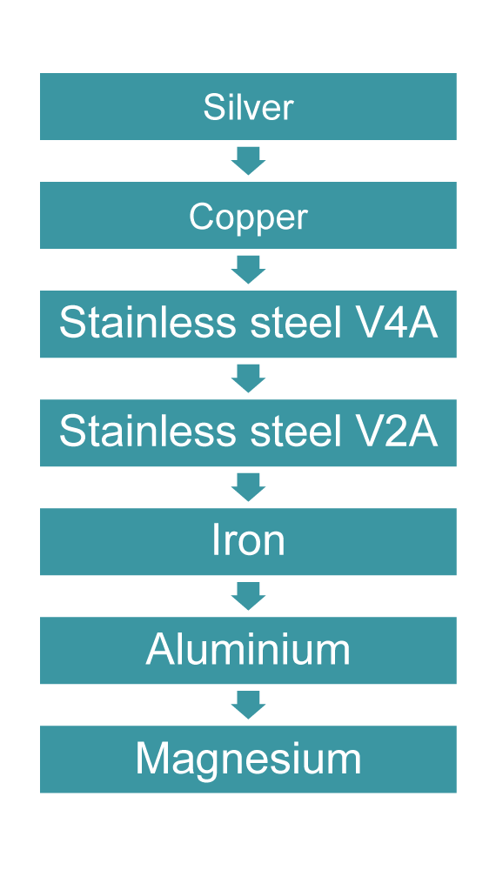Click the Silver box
click(x=248, y=106)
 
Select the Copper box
click(x=248, y=215)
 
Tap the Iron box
click(x=248, y=541)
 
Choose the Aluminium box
click(x=248, y=650)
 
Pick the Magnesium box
click(x=248, y=759)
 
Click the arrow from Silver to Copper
click(x=248, y=161)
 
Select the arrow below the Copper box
click(x=248, y=270)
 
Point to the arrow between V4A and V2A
click(x=248, y=378)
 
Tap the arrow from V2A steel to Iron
click(x=248, y=487)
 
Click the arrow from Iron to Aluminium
click(x=248, y=596)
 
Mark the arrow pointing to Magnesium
click(x=248, y=705)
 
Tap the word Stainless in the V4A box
click(x=148, y=324)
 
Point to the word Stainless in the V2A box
click(x=148, y=432)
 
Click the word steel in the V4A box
click(x=295, y=324)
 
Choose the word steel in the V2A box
click(x=295, y=432)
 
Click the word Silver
click(x=248, y=107)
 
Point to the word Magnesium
click(x=248, y=760)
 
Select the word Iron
click(x=248, y=541)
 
